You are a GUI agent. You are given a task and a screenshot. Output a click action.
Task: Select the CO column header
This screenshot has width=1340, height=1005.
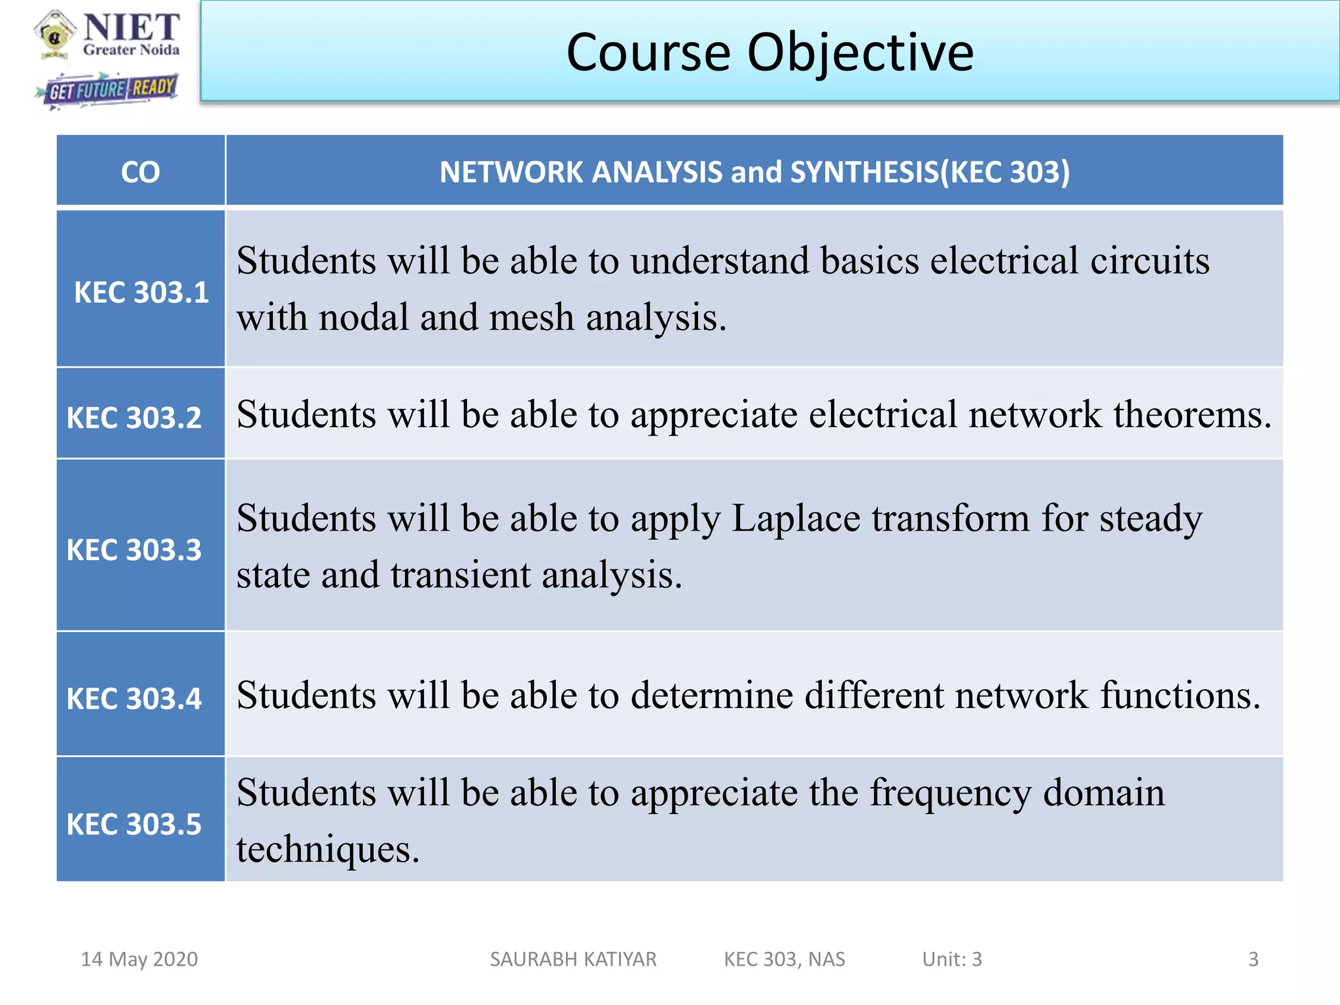[140, 172]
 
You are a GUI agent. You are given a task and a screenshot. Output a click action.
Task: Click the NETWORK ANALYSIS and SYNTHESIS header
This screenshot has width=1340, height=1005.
[754, 172]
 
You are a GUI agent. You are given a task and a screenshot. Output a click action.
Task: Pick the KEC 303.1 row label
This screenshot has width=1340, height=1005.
[141, 292]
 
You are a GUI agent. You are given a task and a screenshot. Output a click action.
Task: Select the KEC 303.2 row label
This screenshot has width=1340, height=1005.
[134, 417]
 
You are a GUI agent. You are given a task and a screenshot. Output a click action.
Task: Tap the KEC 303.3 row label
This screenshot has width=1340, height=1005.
[134, 550]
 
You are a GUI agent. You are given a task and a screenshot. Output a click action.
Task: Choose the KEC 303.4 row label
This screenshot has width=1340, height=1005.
[134, 699]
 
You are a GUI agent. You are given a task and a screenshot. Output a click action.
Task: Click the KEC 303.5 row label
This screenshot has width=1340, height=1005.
[134, 824]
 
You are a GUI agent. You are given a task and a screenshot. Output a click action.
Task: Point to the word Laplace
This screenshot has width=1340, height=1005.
[795, 518]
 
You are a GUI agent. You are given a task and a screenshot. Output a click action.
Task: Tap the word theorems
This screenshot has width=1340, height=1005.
[1192, 414]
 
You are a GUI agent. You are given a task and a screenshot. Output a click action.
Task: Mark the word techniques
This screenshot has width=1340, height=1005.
[327, 849]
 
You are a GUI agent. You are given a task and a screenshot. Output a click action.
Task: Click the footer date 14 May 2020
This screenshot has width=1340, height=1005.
[139, 959]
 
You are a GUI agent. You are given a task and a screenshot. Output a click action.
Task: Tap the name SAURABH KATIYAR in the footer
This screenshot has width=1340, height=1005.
[573, 959]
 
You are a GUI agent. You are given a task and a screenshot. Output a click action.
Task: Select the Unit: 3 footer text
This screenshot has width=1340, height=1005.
[951, 959]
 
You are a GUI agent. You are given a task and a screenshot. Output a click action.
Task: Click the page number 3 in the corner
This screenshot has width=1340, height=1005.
[1253, 959]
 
